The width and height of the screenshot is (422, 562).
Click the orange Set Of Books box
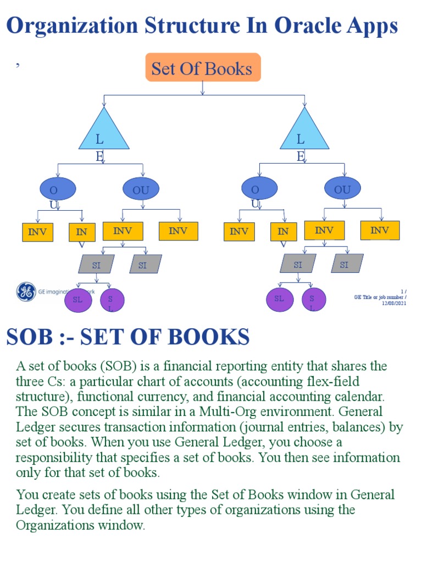coord(203,68)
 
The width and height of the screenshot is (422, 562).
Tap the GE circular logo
coord(26,291)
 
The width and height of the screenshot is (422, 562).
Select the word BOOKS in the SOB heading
coord(209,336)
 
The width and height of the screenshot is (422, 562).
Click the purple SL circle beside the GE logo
coord(78,300)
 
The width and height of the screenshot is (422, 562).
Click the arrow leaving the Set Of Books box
coord(203,88)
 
